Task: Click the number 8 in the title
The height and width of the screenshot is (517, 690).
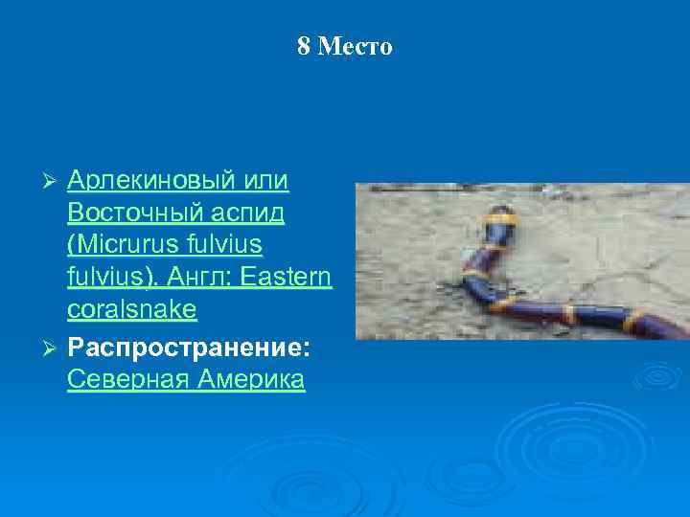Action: click(304, 47)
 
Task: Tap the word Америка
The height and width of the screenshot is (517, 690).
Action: click(251, 378)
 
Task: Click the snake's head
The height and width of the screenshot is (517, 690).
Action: click(500, 213)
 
